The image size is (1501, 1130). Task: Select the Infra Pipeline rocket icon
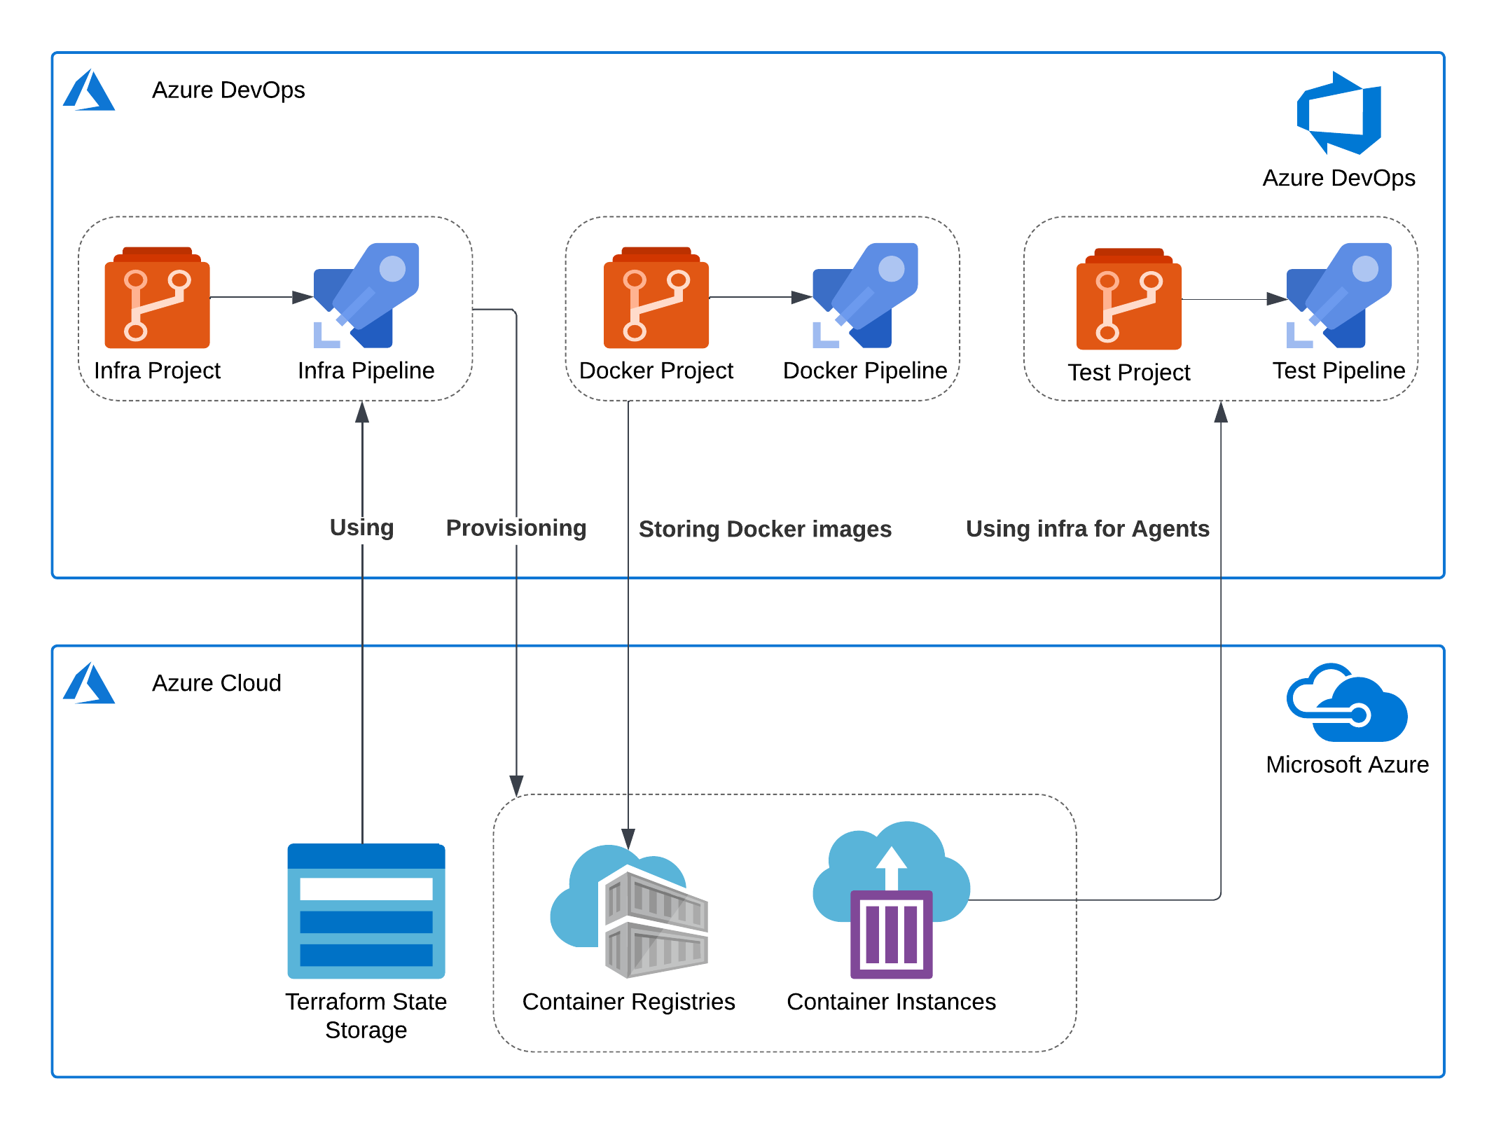366,296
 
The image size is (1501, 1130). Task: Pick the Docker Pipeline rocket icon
865,296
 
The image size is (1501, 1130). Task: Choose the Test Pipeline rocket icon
1339,296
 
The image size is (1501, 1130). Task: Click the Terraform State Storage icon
366,911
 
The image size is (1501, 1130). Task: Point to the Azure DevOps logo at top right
1339,113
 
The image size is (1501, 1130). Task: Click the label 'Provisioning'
516,528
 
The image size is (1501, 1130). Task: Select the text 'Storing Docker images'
764,529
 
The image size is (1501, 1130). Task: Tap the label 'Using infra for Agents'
1087,528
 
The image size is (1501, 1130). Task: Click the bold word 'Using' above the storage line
361,527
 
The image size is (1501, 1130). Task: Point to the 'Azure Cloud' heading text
216,682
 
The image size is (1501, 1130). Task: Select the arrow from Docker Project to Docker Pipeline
760,297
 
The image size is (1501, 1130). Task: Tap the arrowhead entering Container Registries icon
628,839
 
